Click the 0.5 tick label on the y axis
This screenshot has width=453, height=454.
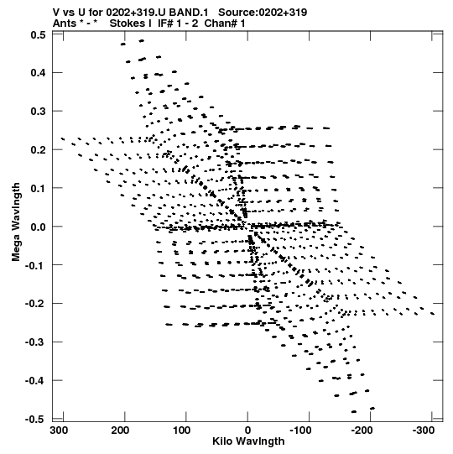(x=39, y=35)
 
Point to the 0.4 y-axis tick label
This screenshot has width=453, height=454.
(x=39, y=73)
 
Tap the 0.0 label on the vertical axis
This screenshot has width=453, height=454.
(x=39, y=227)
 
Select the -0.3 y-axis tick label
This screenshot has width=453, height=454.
(x=36, y=342)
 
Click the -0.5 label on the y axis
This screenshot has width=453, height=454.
(x=36, y=419)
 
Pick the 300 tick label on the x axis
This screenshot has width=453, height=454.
(x=59, y=431)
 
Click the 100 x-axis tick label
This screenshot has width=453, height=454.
(x=182, y=431)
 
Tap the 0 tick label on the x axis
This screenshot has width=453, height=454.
(x=247, y=431)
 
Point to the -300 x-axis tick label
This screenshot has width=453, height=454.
(x=422, y=431)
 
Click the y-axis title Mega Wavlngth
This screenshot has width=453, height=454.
(x=16, y=222)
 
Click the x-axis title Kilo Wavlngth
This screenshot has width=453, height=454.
(x=248, y=441)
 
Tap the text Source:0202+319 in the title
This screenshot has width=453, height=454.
(x=263, y=13)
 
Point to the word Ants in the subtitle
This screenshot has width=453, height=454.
(x=65, y=23)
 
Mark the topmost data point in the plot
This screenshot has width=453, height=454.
(x=142, y=41)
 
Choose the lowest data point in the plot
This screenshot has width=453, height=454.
(x=354, y=411)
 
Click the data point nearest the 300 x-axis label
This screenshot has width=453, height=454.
(x=63, y=139)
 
